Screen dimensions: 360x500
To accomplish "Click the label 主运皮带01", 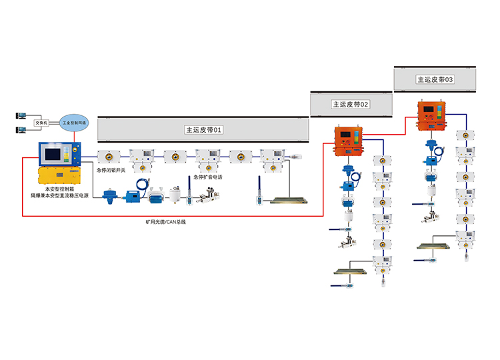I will point(203,130).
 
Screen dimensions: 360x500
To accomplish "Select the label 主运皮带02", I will point(351,105).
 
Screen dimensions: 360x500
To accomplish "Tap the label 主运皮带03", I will point(435,79).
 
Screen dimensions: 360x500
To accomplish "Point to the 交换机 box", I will point(40,123).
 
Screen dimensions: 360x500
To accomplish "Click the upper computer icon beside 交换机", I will point(18,115).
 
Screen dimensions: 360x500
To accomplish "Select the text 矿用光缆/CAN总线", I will point(166,221).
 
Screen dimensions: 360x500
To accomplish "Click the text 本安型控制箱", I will point(57,191).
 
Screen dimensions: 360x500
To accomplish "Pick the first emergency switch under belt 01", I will point(109,157).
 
